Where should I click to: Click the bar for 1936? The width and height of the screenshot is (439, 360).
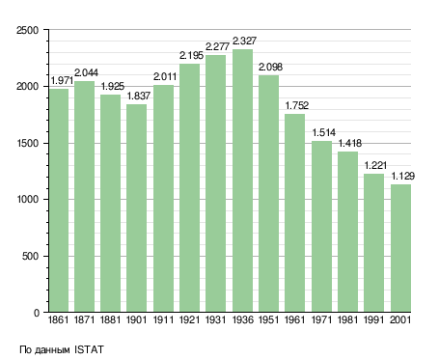point(242,180)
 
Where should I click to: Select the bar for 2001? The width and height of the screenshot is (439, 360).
point(400,248)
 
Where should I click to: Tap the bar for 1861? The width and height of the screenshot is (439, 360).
point(59,201)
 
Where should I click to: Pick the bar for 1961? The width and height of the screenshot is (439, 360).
point(294,213)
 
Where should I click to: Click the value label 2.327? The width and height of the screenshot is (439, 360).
point(244,41)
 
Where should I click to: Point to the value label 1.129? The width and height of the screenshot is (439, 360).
point(403,176)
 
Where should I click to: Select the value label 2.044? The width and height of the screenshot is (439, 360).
point(86,72)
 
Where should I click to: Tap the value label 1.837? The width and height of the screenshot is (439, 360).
point(139,96)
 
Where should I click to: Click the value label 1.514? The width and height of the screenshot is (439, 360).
point(324,132)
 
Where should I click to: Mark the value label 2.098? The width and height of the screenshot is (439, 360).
point(270,67)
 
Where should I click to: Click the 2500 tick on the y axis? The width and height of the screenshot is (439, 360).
point(27,30)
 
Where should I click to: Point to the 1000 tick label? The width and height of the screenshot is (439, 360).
point(27,200)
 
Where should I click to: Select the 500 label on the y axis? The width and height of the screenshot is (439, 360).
point(30,256)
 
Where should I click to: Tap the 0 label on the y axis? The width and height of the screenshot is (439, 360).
point(37,313)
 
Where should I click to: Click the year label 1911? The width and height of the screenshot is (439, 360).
point(163,319)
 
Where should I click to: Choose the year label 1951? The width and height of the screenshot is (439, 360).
point(268,319)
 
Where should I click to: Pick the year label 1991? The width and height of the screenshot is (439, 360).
point(374,319)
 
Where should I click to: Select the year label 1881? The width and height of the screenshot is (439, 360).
point(110,319)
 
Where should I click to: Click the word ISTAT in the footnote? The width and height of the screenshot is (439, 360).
point(89,349)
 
